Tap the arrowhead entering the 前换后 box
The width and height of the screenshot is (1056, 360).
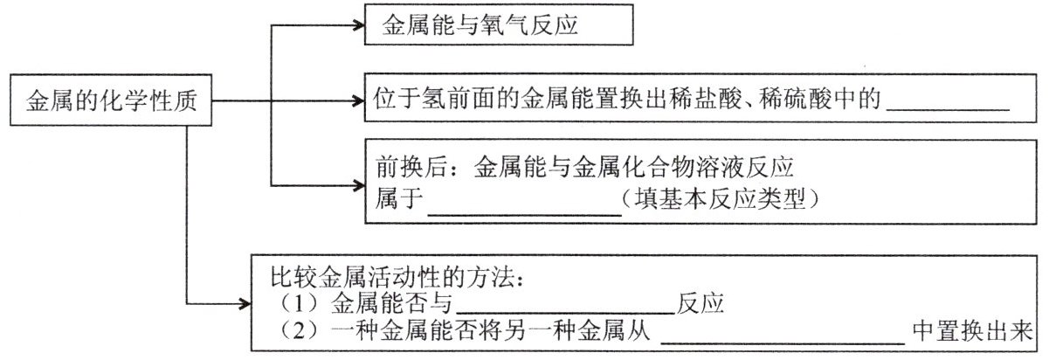pos(359,183)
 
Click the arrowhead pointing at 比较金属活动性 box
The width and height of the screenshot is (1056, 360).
pos(245,304)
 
